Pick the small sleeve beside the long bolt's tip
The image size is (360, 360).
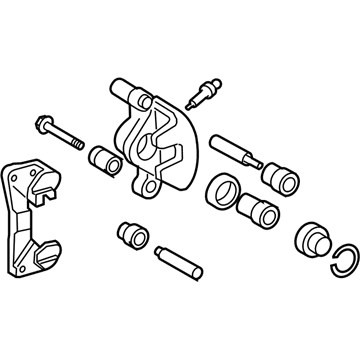(x=103, y=158)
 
